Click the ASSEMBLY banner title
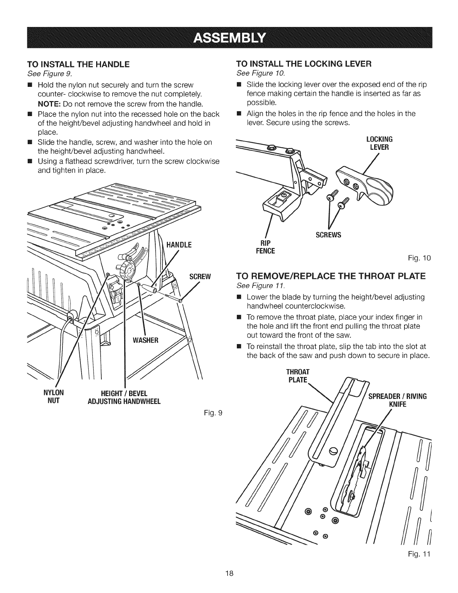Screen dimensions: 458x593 (x=229, y=38)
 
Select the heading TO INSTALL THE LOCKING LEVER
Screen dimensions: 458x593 (x=303, y=64)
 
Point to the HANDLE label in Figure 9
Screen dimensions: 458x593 (x=179, y=246)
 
